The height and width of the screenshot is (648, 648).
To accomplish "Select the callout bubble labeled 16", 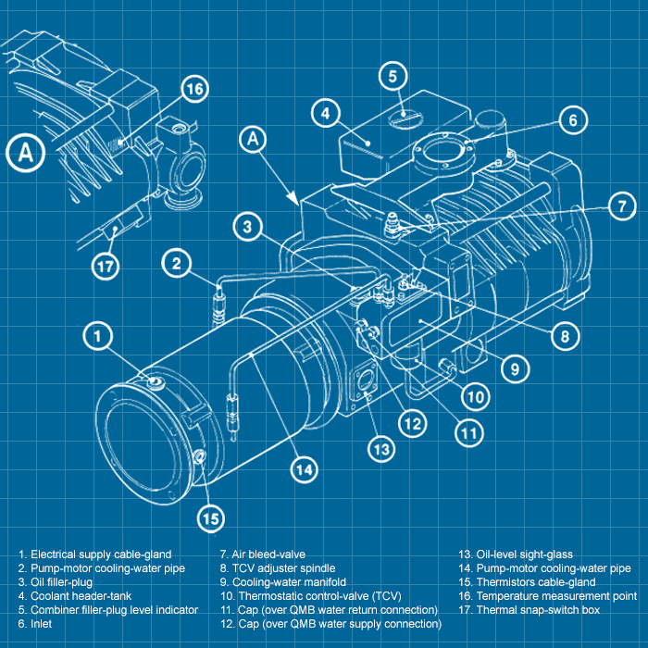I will coord(193,89).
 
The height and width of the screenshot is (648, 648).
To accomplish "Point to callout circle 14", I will coord(304,469).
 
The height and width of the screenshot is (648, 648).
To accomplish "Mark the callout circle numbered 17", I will coord(107,267).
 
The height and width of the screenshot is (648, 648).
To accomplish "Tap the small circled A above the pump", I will coord(254,140).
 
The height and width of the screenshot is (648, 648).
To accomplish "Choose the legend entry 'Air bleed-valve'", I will coord(262,554).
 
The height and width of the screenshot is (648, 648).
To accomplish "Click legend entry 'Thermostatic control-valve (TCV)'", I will coord(318,596).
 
